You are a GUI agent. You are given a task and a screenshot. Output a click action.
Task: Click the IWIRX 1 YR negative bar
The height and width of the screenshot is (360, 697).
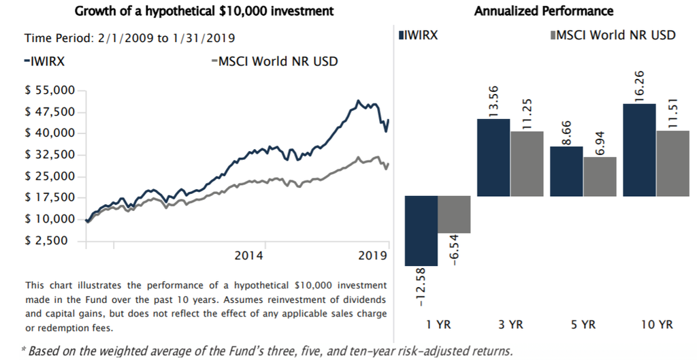(421, 231)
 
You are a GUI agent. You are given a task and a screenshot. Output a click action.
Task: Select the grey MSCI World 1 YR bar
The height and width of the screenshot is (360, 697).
(453, 214)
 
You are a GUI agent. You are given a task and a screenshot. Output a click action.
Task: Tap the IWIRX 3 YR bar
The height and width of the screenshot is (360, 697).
(493, 157)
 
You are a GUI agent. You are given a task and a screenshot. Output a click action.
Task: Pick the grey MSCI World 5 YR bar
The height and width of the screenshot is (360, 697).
(600, 176)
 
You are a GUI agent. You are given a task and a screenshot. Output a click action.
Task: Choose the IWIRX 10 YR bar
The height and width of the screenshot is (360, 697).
(639, 150)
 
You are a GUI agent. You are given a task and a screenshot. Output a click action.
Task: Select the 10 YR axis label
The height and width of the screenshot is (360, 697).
(657, 325)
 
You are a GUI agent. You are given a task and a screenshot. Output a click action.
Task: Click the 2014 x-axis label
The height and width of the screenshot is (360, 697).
(249, 256)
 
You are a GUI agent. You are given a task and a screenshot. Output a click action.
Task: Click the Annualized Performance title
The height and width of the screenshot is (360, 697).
(543, 11)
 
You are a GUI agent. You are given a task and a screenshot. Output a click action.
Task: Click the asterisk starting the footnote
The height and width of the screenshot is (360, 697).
(25, 351)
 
